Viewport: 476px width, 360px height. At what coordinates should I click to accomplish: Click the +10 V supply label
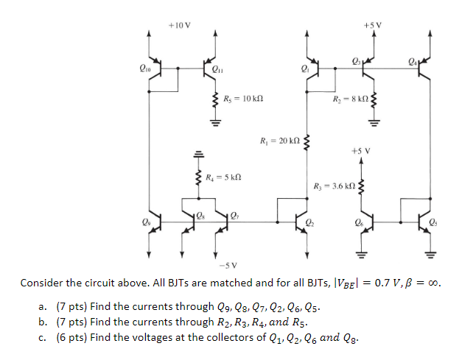click(x=179, y=24)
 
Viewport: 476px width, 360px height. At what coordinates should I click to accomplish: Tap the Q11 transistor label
click(x=217, y=71)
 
